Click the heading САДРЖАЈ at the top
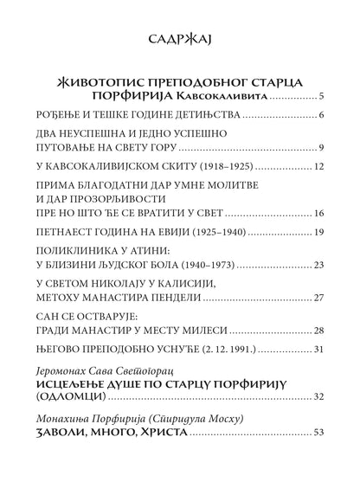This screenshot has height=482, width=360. point(180,37)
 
